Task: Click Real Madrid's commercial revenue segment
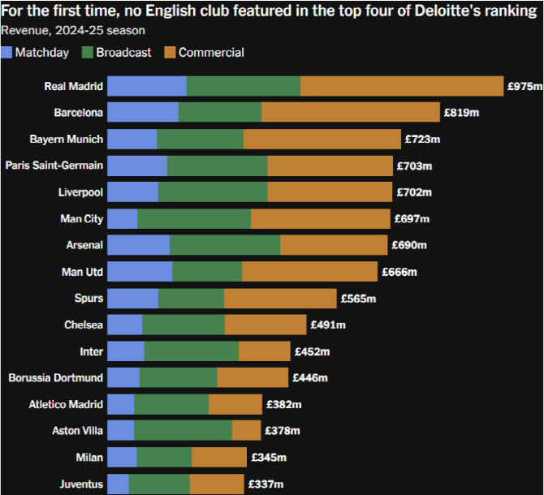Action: [x=402, y=86]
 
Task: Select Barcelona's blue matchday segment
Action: [x=143, y=113]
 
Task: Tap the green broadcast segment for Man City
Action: [x=194, y=218]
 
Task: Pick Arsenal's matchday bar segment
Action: [x=139, y=245]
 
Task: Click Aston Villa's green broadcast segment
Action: [x=183, y=430]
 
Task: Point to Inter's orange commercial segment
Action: [x=265, y=351]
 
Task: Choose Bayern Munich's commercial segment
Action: [x=322, y=140]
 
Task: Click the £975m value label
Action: [x=525, y=86]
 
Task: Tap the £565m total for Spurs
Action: [x=358, y=299]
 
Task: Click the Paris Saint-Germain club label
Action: [x=54, y=166]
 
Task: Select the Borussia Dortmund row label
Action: [x=56, y=378]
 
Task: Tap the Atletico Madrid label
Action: [x=66, y=404]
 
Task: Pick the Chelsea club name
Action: [x=84, y=325]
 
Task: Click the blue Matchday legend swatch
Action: [x=7, y=53]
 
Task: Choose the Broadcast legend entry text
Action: [x=123, y=53]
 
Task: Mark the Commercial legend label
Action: [x=211, y=53]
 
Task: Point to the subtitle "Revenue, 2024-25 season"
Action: [x=73, y=31]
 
